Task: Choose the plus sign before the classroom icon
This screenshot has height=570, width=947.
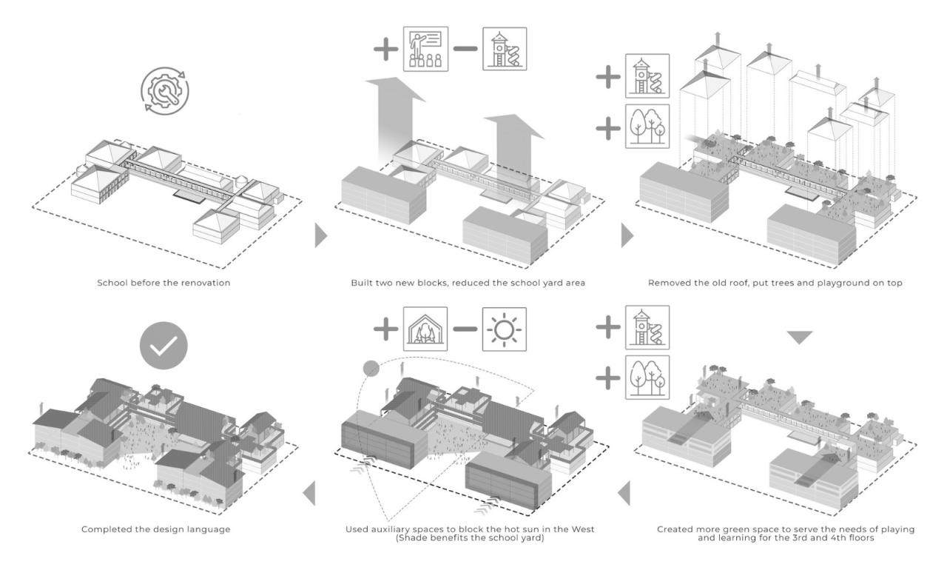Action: coord(385,50)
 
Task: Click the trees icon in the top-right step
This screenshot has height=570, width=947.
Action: coord(647,125)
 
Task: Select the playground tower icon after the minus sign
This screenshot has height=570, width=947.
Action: coord(505,50)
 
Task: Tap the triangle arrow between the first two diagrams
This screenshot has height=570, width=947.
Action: coord(320,236)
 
